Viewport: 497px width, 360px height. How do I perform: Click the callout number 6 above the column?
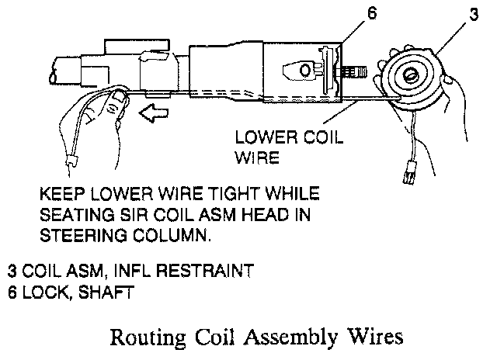coord(371,16)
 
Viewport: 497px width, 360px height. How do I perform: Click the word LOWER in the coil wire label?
coord(259,139)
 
